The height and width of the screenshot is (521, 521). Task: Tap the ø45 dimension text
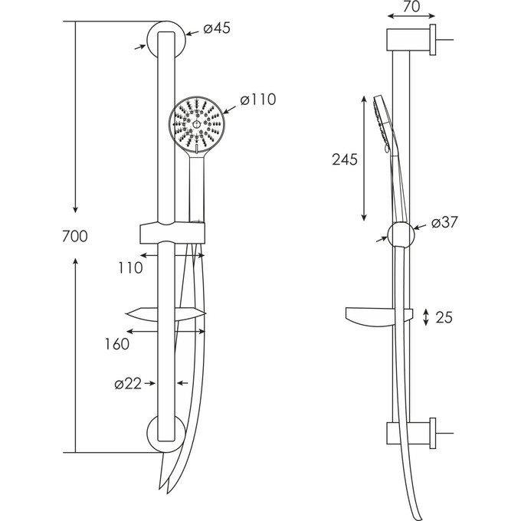217,29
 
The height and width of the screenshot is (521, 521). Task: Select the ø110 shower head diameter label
257,100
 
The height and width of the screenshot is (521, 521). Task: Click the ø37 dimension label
445,223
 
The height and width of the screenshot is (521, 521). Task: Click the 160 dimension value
116,345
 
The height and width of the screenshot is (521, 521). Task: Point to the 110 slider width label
130,268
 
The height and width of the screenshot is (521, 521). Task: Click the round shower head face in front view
197,123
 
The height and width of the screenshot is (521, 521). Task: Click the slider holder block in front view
173,232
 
